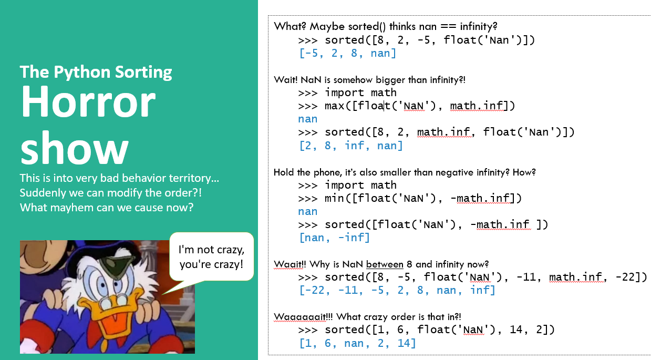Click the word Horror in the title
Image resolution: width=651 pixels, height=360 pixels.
88,101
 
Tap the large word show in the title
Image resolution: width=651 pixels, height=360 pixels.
75,148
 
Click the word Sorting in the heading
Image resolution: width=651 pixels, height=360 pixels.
143,73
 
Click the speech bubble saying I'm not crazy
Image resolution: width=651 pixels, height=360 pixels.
211,256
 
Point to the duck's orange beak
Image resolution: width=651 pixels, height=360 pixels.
117,317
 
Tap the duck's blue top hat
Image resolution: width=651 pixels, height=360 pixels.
96,259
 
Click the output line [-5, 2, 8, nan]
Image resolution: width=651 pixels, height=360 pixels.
348,53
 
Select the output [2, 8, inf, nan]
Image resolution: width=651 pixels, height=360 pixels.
351,146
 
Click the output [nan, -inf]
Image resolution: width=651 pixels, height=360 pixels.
334,238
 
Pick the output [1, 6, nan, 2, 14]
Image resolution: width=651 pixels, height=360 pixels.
357,343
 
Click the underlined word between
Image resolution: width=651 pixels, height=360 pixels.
385,264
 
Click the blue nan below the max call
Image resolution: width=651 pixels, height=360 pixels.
308,119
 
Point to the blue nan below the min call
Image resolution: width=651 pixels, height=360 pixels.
308,212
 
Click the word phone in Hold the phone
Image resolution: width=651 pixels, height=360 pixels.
327,172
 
